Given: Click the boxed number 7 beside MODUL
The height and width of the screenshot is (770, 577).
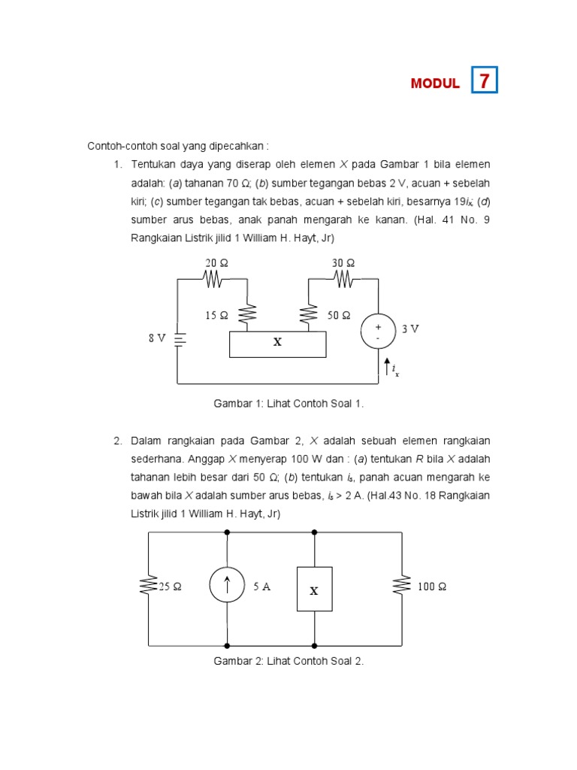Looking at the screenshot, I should coord(485,80).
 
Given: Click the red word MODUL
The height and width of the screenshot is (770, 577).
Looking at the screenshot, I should coord(435,83).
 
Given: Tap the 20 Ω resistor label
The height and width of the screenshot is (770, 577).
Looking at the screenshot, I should coord(216,262).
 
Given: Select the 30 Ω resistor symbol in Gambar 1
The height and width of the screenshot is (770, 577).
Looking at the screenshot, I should coord(343,279).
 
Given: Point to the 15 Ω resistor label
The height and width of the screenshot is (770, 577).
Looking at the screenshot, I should coord(216,316).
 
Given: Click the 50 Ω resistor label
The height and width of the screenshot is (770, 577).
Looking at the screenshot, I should coord(339,316).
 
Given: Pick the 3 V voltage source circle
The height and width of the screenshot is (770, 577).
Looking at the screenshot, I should coord(378,332).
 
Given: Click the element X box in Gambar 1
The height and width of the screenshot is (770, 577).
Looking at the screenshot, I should coord(277,343).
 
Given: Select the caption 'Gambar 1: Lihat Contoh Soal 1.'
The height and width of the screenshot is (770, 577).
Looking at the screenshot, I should coord(288,404).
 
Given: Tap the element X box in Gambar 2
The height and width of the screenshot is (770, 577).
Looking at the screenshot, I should coord(314,590).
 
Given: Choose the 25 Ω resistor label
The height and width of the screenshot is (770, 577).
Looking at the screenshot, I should coord(170,587).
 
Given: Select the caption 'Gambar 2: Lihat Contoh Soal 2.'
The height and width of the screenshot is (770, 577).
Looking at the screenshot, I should coord(288,661).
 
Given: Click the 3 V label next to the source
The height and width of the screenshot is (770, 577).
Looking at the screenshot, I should coord(409,329).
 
